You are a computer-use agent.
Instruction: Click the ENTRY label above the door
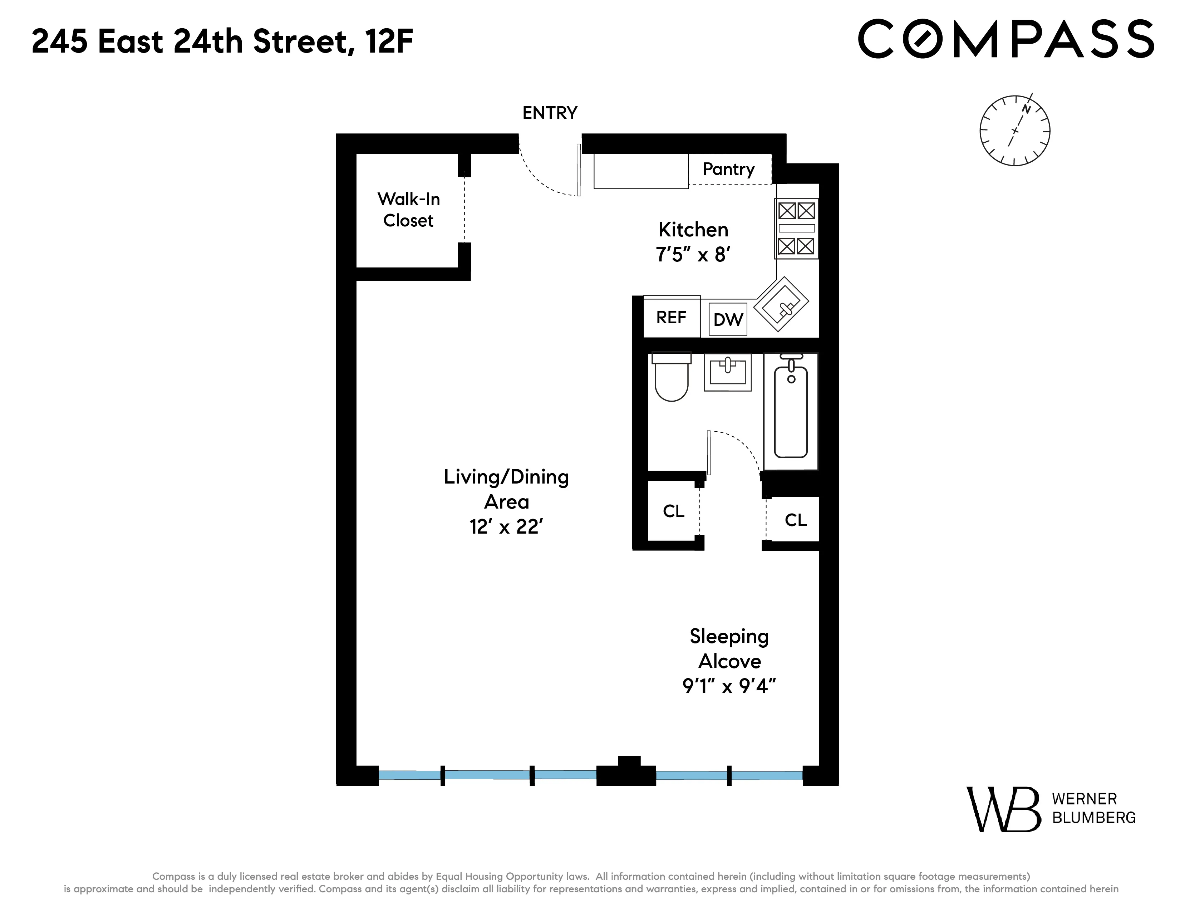[550, 113]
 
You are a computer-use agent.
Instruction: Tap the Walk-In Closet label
[408, 210]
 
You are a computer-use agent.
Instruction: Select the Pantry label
[728, 169]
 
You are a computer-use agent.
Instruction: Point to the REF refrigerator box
[671, 317]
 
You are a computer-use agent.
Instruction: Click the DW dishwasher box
[728, 320]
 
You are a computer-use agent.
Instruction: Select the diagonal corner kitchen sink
[781, 304]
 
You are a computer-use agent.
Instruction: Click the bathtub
[791, 412]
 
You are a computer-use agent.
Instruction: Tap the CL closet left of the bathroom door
[673, 511]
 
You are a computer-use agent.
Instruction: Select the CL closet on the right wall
[795, 520]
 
